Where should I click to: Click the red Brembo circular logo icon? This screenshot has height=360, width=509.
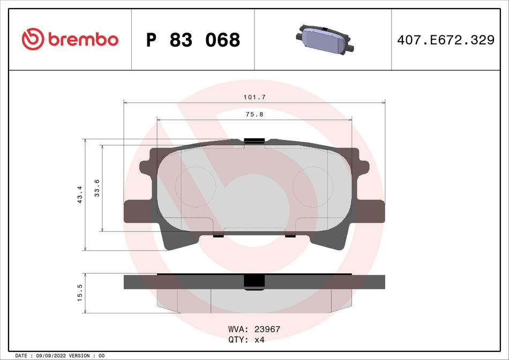click(33, 39)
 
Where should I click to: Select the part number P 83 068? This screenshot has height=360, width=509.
click(193, 40)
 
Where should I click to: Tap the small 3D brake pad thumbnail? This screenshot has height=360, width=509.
click(323, 40)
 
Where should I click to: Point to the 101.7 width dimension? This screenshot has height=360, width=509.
click(254, 97)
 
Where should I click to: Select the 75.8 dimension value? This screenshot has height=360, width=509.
click(254, 115)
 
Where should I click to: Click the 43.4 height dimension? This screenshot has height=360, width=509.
click(80, 195)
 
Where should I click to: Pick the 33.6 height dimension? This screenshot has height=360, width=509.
click(97, 188)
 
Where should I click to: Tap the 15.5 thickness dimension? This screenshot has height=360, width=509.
click(80, 293)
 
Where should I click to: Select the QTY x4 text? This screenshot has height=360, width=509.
click(246, 340)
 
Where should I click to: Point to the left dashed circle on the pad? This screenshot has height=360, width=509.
click(196, 185)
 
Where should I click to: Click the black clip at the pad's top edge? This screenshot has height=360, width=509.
click(254, 141)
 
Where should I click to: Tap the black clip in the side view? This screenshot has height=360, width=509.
click(254, 282)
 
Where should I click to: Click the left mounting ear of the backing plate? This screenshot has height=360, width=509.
click(138, 212)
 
